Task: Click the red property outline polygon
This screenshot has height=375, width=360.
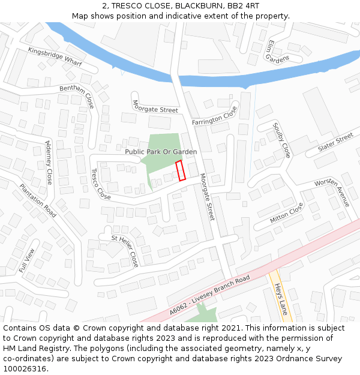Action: click(x=181, y=170)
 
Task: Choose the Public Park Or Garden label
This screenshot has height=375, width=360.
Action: click(x=161, y=152)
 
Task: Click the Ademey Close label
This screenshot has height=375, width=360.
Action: click(x=49, y=163)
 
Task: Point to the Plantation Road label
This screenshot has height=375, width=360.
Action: click(x=37, y=201)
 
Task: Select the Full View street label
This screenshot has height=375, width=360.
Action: click(x=27, y=259)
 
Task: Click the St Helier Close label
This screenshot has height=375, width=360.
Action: click(x=126, y=250)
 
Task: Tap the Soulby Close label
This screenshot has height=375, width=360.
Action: click(x=281, y=140)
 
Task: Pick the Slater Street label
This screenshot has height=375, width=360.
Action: click(x=336, y=143)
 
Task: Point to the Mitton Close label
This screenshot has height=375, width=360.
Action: click(x=287, y=212)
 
